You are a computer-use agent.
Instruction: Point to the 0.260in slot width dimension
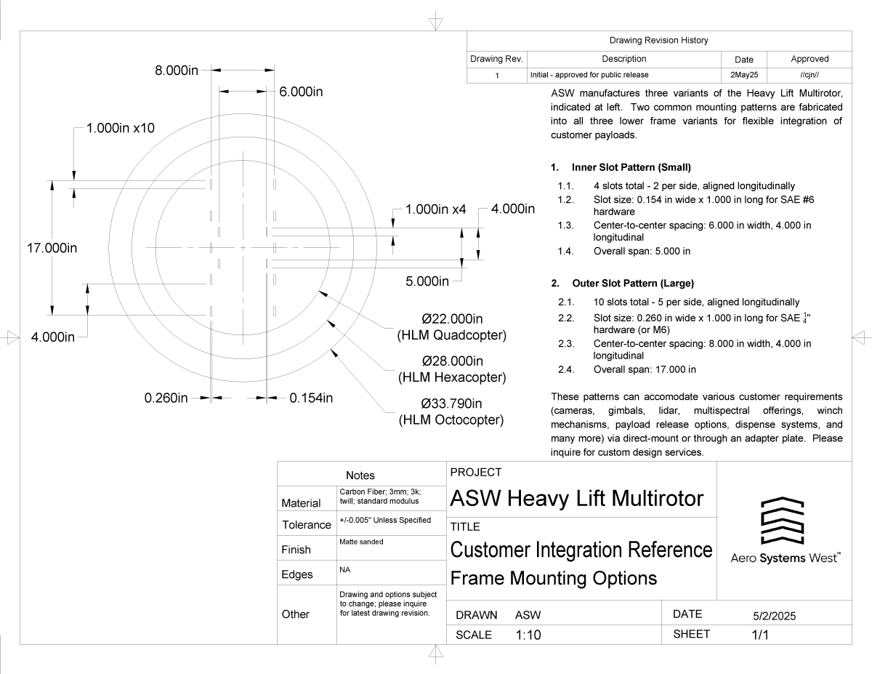point(166,398)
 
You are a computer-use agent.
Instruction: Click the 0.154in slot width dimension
point(311,398)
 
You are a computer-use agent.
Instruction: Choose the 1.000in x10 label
point(121,128)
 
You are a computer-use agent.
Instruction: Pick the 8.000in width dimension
point(181,71)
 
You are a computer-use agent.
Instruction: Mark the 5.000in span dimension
point(427,281)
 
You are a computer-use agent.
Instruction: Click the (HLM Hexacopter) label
point(452,377)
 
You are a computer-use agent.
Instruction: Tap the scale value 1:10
point(528,634)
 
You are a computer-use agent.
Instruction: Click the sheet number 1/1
point(760,634)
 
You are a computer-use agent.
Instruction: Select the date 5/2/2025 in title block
point(775,616)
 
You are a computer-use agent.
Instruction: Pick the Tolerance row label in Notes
point(307,525)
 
